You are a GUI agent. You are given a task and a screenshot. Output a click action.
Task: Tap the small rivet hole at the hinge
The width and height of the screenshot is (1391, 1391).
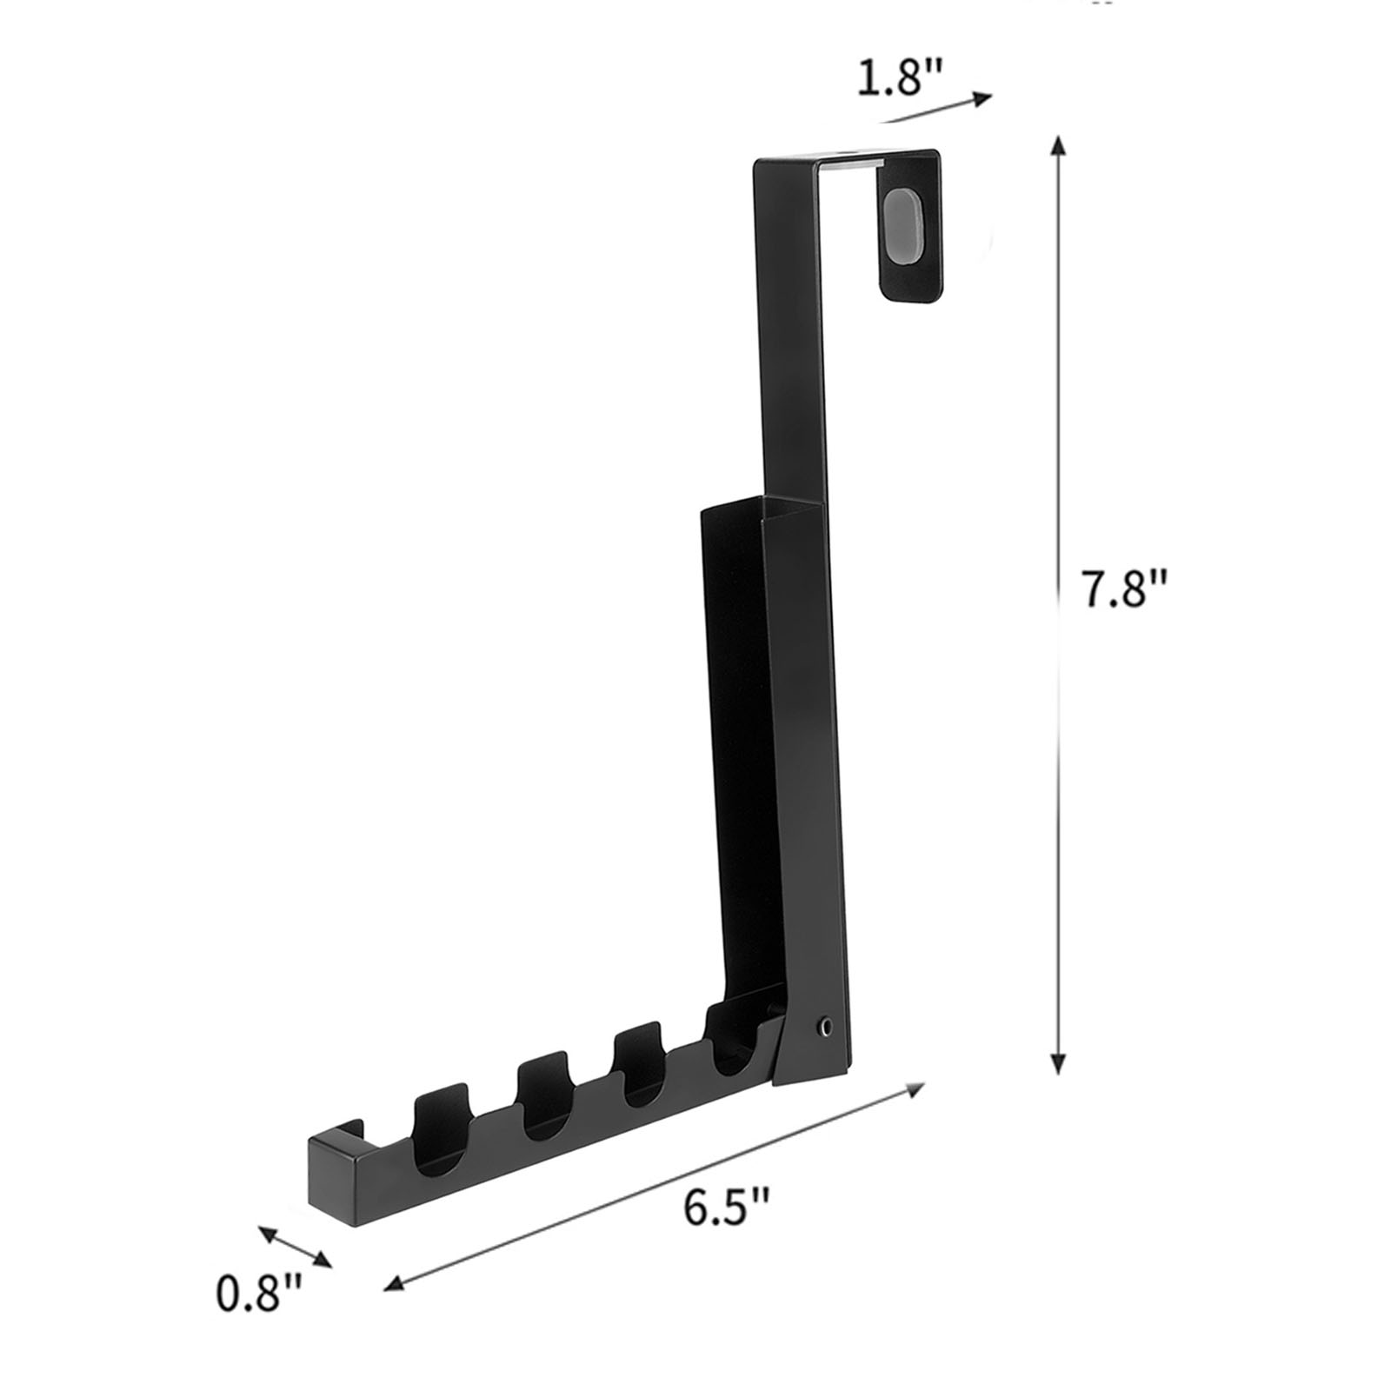(x=823, y=1028)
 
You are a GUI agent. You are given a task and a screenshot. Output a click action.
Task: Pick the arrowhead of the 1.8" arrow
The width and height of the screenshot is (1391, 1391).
(x=982, y=97)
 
